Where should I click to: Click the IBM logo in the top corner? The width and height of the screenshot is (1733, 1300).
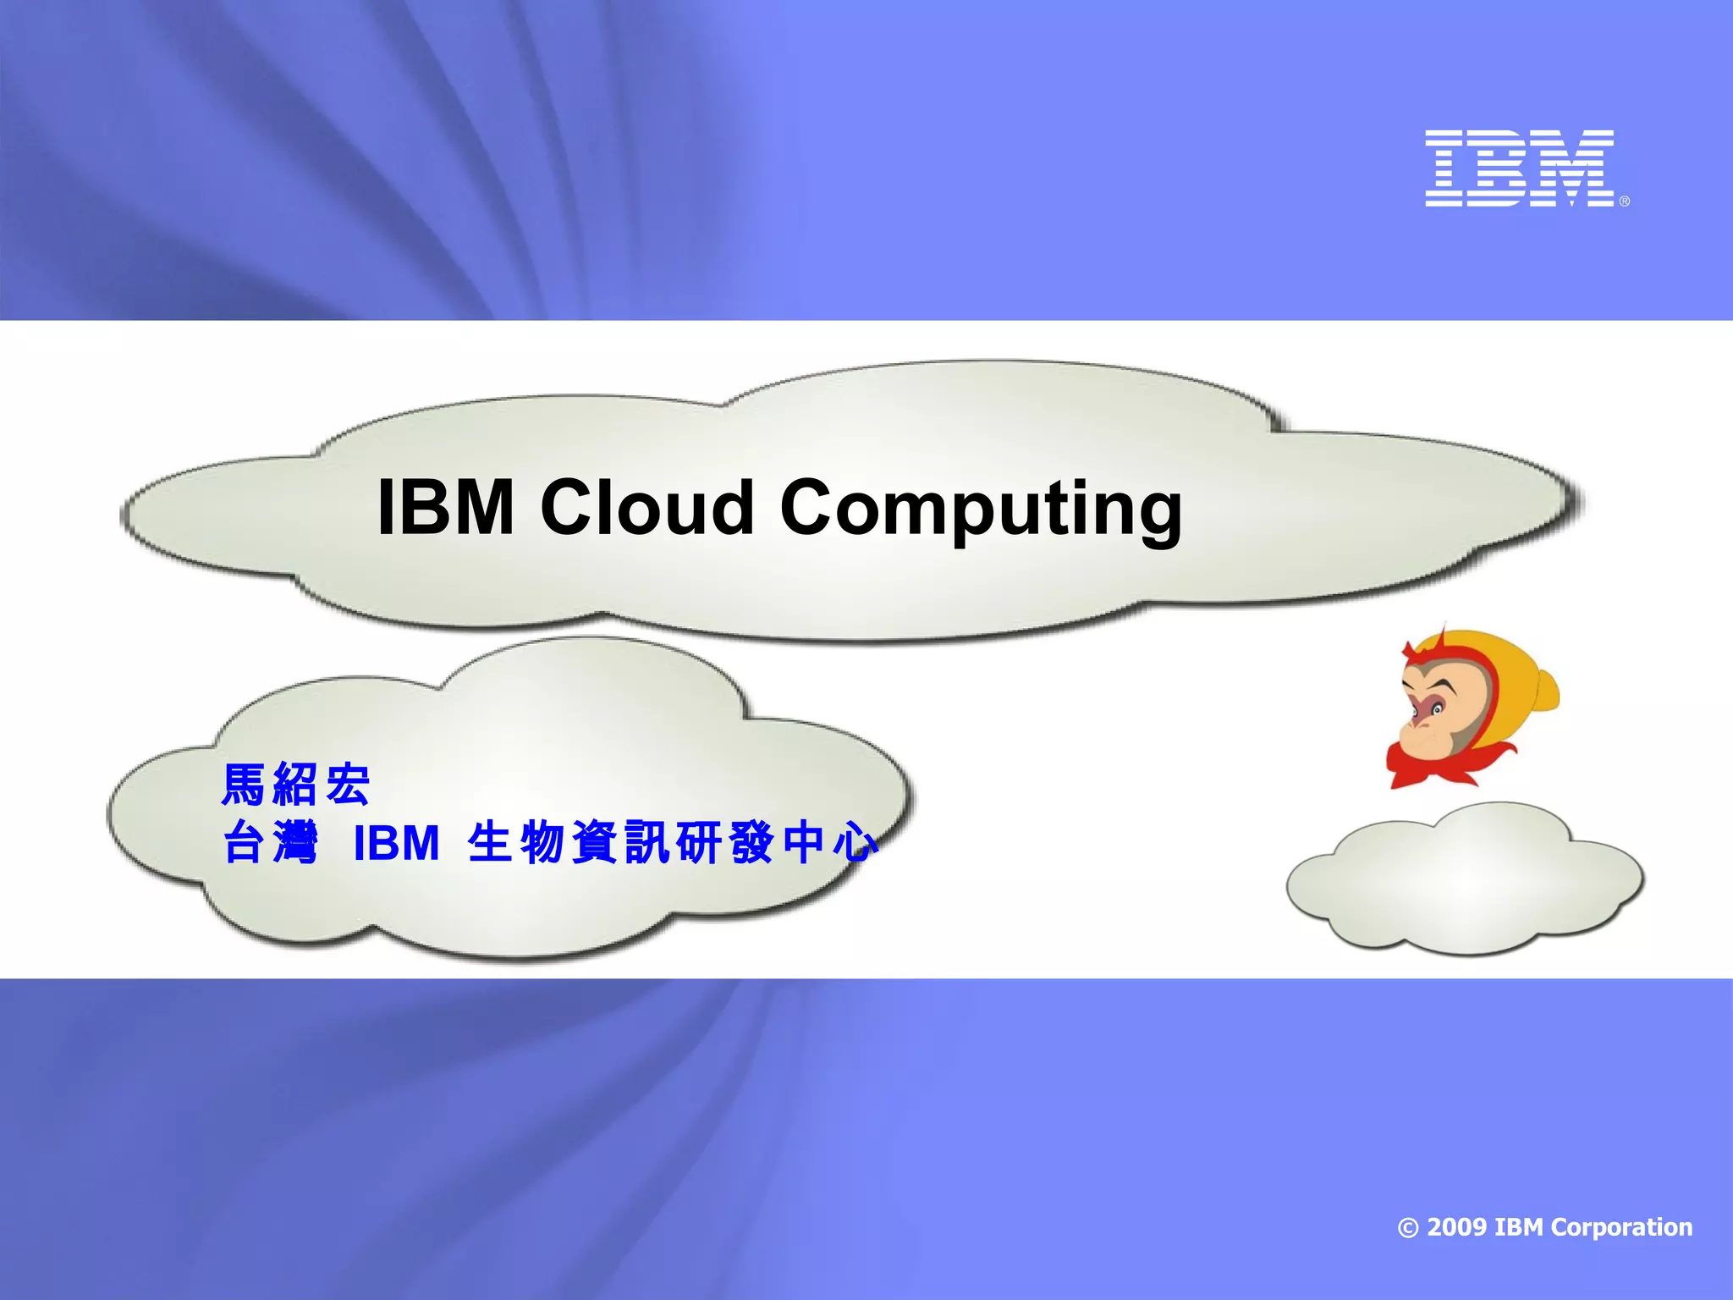tap(1520, 168)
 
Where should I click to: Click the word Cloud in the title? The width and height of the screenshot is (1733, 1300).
tap(646, 507)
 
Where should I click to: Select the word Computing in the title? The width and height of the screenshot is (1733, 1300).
tap(981, 510)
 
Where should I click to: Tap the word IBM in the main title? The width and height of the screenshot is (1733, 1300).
tap(446, 507)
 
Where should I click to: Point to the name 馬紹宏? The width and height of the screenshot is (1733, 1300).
tap(295, 785)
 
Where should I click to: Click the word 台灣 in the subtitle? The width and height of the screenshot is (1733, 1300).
tap(270, 843)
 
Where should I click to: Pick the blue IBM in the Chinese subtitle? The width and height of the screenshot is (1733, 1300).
tap(396, 843)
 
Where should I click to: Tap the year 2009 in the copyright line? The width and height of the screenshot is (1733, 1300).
tap(1456, 1227)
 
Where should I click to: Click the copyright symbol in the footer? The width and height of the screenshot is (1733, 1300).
tap(1408, 1228)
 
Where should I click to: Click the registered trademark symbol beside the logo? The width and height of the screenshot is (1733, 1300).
tap(1624, 201)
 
